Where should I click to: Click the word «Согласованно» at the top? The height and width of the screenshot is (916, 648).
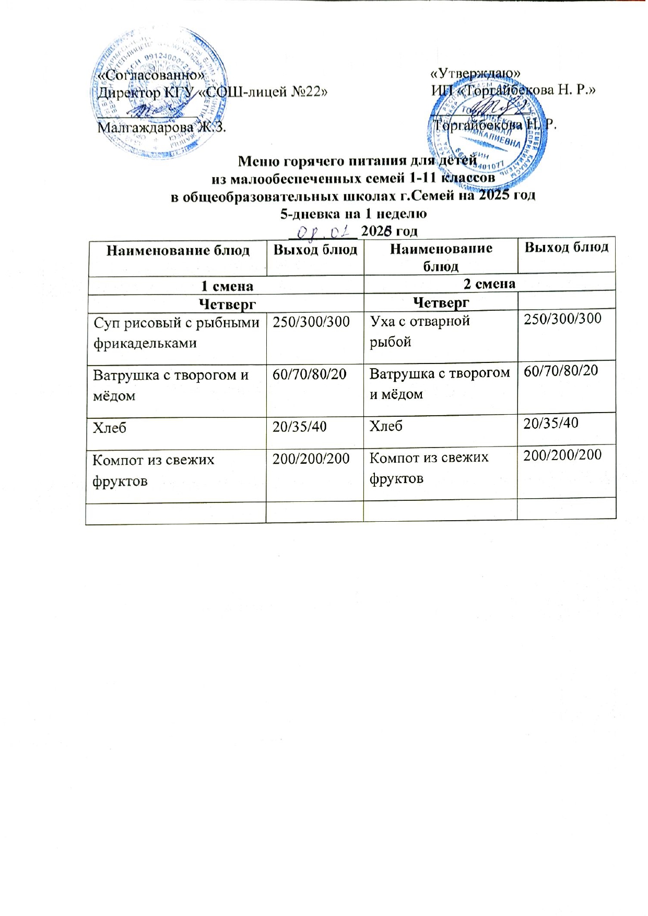tap(151, 76)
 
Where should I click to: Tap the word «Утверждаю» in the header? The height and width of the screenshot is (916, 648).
tap(475, 74)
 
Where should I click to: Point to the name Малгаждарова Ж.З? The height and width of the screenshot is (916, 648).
tap(162, 127)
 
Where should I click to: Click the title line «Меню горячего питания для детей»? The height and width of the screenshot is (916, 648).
tap(357, 160)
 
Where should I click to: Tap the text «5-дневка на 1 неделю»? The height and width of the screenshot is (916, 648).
tap(354, 214)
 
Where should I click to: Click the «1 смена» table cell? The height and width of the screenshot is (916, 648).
tap(227, 286)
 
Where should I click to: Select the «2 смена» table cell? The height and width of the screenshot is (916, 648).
tap(489, 283)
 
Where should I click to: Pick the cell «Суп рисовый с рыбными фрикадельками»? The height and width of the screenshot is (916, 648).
tap(176, 333)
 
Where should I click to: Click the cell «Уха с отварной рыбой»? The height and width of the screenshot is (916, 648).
tap(420, 331)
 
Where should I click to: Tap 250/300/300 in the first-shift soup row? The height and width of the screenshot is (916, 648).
tap(311, 322)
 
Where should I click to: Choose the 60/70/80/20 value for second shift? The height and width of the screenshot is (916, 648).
tap(561, 371)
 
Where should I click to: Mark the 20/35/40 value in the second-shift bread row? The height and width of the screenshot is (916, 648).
tap(551, 423)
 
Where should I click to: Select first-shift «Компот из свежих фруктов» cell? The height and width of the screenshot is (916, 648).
tap(154, 470)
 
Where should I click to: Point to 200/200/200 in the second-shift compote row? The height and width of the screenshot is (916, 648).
tap(562, 455)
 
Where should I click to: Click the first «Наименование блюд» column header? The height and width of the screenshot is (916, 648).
tap(178, 251)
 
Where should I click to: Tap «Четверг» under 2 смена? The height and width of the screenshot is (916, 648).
tap(441, 302)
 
